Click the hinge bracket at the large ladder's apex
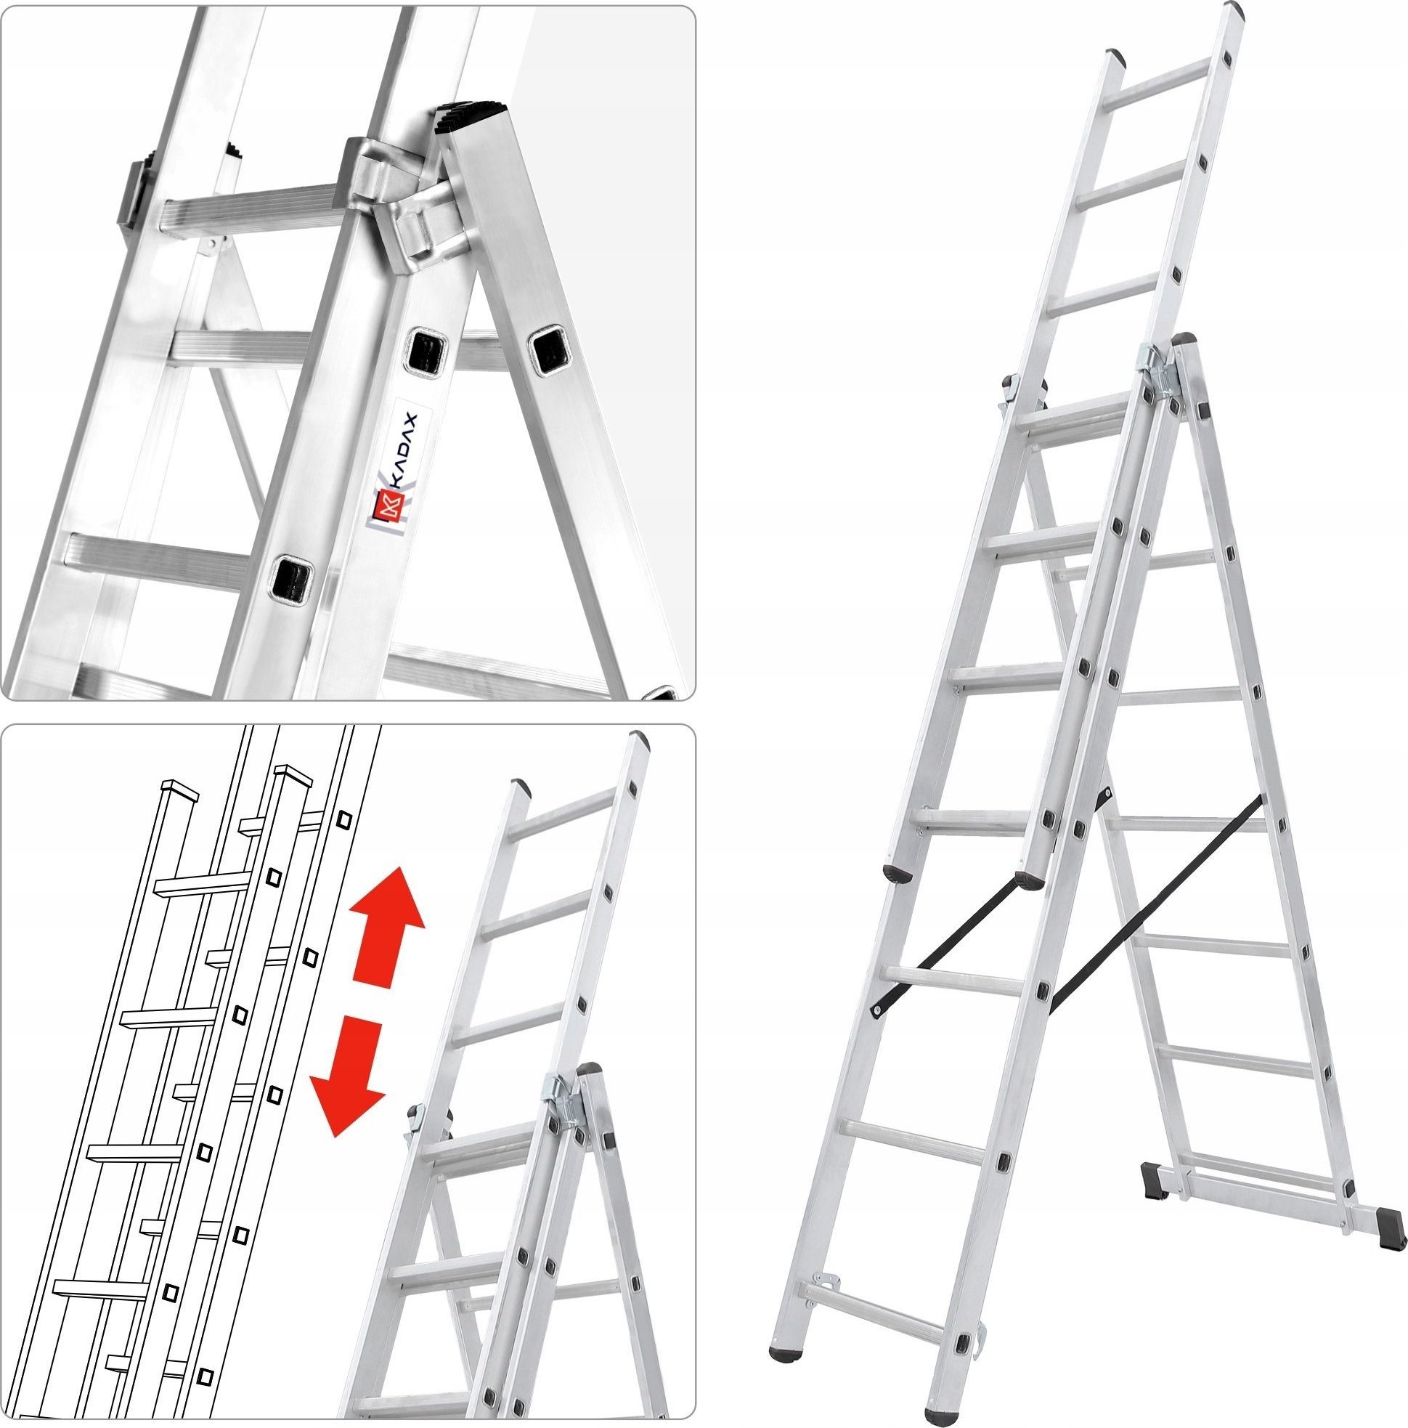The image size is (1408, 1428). (x=1159, y=370)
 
